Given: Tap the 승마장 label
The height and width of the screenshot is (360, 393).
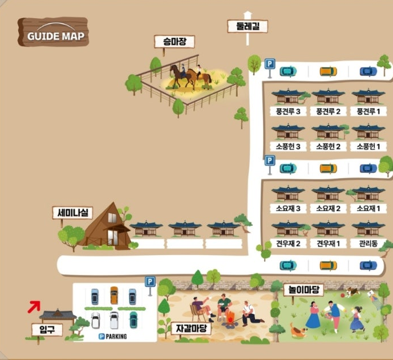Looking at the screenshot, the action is [x=175, y=42].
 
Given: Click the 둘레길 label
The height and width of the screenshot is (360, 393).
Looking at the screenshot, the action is [x=247, y=26].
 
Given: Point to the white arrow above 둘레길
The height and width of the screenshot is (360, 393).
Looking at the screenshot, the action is [x=247, y=14].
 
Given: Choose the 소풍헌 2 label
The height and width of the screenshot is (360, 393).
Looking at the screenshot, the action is [x=328, y=147].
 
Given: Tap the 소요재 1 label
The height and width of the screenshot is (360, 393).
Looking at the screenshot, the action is [x=368, y=208].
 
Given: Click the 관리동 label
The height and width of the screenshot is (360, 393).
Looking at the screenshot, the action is [x=368, y=244].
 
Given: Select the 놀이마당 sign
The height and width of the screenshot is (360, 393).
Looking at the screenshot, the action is [x=303, y=290].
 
